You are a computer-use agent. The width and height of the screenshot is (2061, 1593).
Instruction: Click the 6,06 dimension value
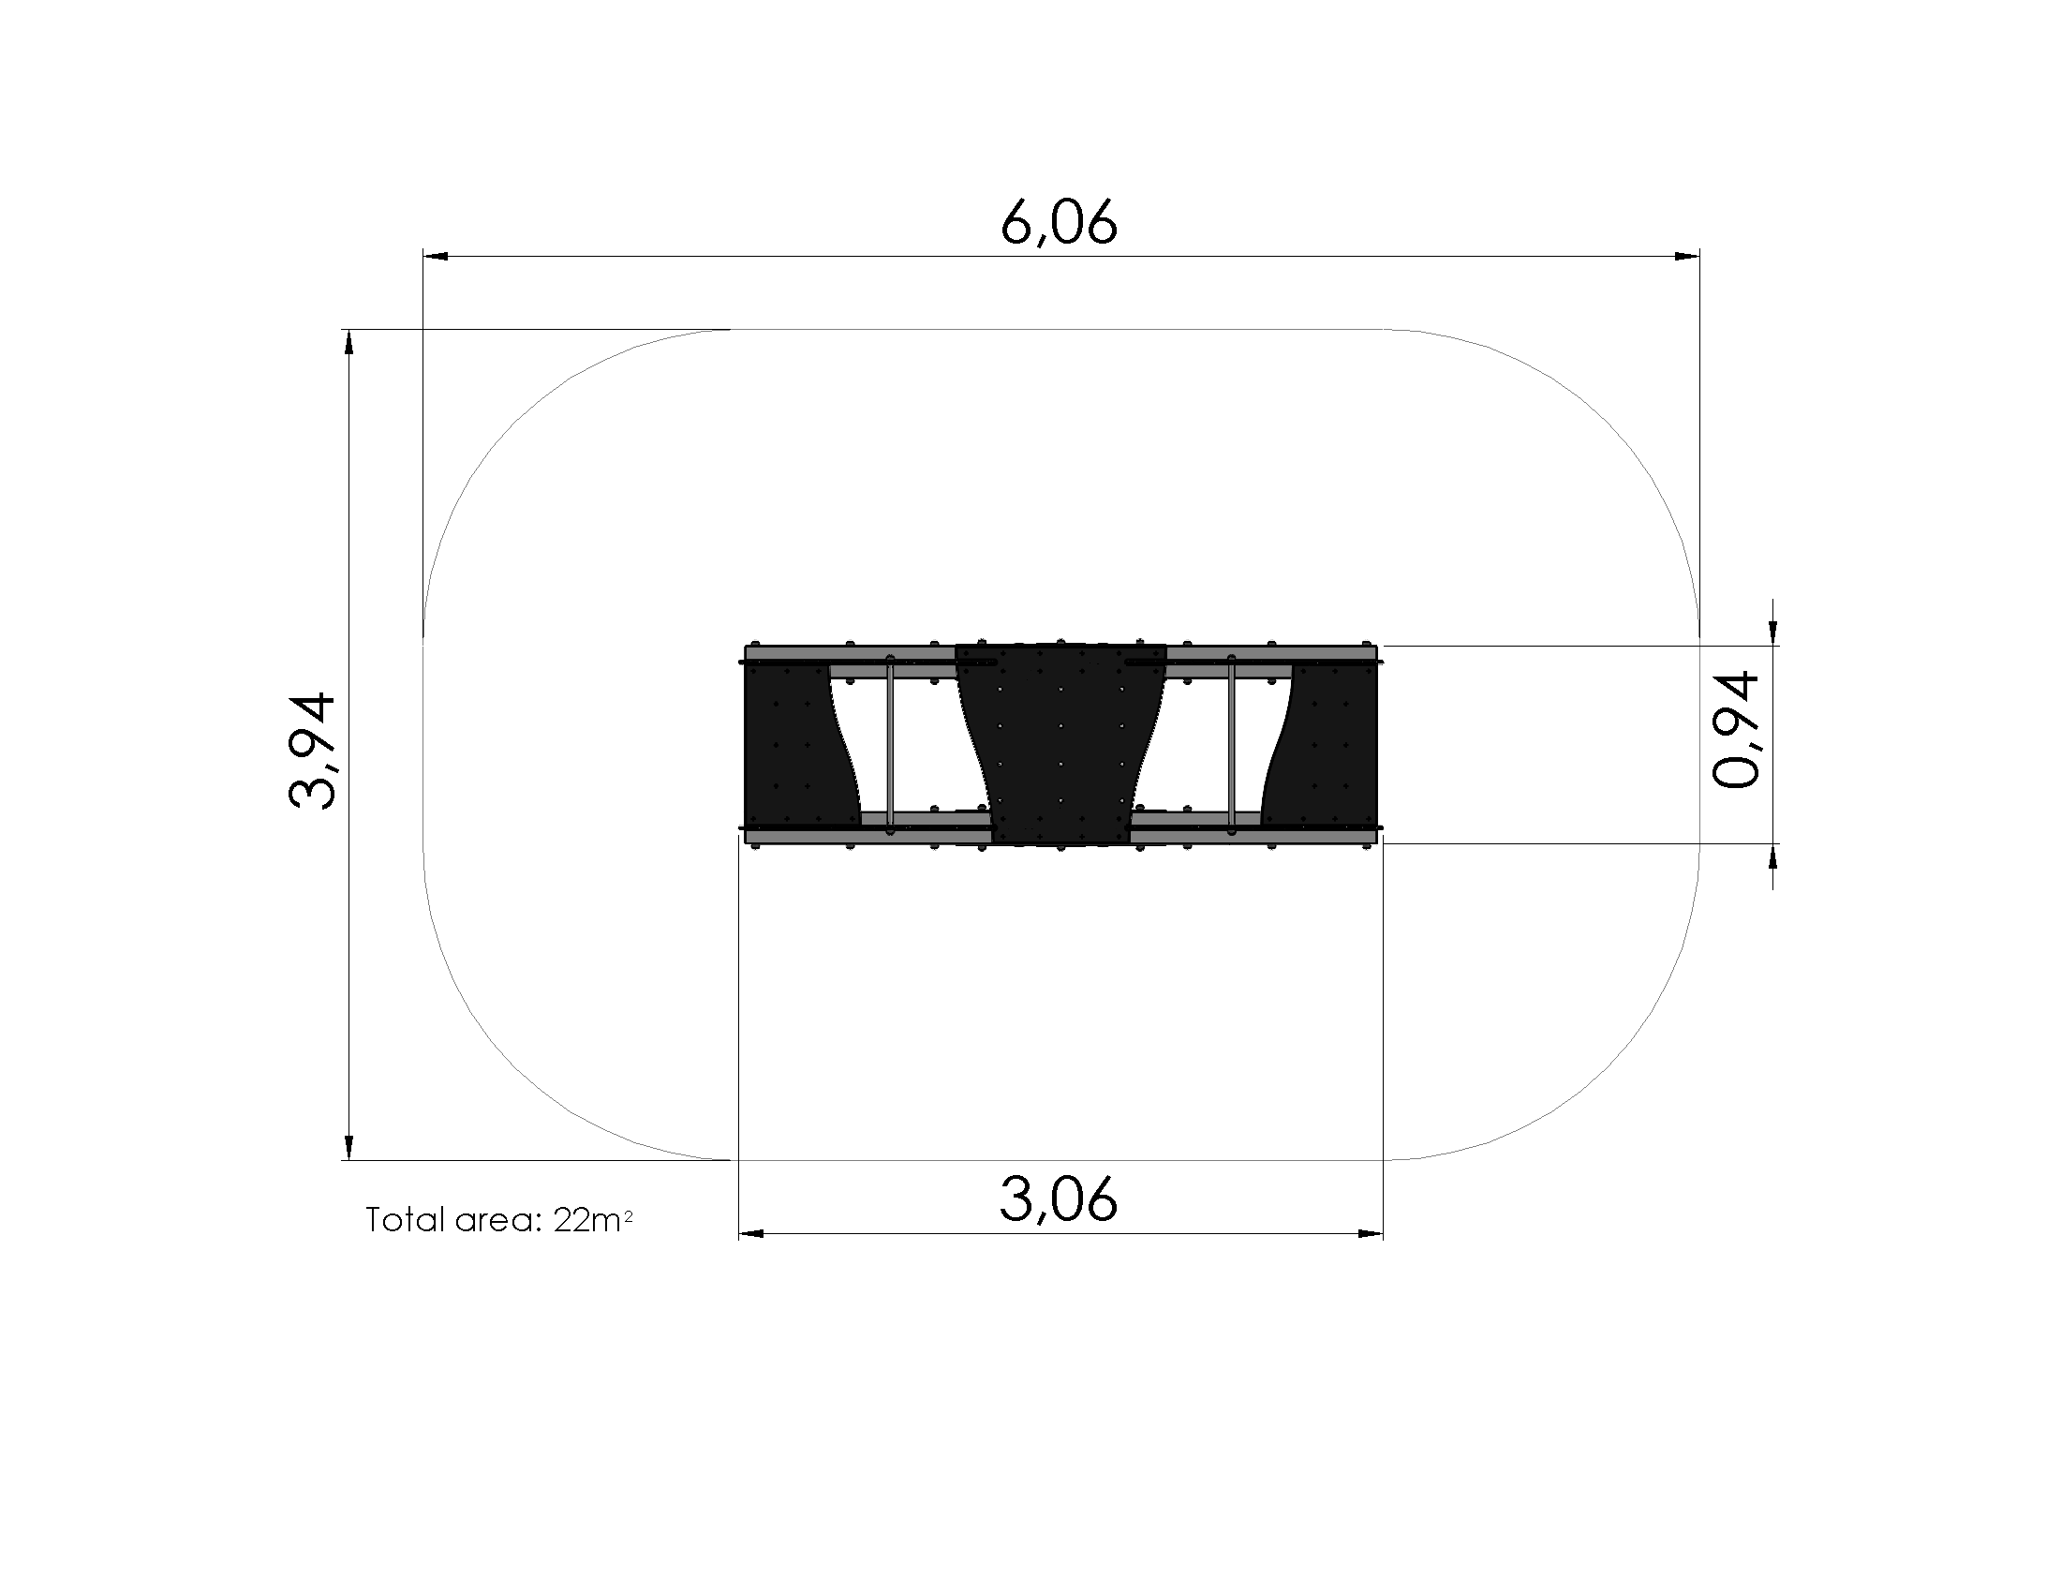1059,222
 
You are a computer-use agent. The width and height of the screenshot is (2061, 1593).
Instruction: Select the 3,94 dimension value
312,752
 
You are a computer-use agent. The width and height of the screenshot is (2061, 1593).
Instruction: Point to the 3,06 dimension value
1059,1200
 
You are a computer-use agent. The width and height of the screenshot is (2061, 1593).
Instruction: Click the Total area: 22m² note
498,1220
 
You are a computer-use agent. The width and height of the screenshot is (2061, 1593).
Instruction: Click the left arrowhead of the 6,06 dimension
436,256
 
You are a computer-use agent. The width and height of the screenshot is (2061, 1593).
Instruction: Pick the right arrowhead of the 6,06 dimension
1686,256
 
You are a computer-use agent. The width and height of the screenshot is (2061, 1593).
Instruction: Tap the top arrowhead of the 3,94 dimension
349,343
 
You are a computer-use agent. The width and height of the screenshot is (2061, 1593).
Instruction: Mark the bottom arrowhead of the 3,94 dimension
349,1147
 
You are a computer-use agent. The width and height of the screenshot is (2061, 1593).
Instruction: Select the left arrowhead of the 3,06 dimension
752,1233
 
